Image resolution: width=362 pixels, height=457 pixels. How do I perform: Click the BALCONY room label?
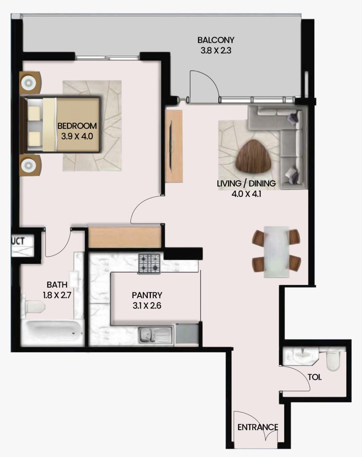tap(216, 40)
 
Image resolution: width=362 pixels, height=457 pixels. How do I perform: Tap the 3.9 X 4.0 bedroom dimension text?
tap(77, 136)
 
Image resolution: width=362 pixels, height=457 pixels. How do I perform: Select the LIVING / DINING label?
tap(246, 183)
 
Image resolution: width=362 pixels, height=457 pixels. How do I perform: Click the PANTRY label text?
tap(147, 295)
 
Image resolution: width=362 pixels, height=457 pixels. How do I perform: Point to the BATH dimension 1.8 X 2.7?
tap(57, 295)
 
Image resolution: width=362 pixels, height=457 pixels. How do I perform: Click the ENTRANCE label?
tap(258, 427)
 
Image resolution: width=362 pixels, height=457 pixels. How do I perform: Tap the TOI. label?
tap(315, 377)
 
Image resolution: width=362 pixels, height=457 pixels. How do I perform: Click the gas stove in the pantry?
tap(149, 263)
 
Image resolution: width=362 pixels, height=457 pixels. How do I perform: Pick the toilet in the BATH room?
tap(33, 307)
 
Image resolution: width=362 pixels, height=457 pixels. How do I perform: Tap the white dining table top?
tap(277, 252)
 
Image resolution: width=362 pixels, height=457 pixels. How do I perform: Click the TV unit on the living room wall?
tap(174, 146)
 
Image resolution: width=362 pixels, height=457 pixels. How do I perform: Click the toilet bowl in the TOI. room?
tap(333, 361)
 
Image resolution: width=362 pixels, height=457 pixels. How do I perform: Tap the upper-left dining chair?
tap(258, 237)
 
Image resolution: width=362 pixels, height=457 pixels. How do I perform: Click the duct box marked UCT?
tap(22, 246)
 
